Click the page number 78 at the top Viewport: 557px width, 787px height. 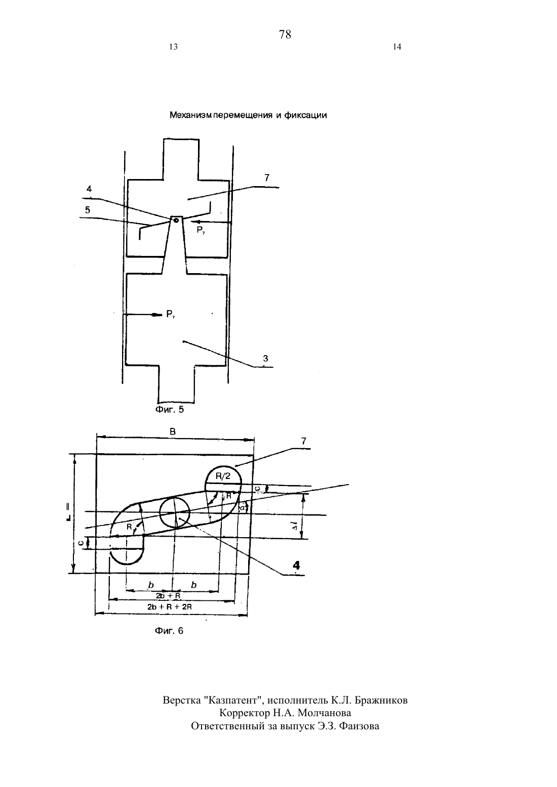(x=285, y=34)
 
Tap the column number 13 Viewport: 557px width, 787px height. (x=173, y=47)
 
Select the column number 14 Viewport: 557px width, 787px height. (x=397, y=47)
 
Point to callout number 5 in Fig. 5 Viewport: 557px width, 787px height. (x=88, y=210)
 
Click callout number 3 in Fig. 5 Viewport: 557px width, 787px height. (x=265, y=359)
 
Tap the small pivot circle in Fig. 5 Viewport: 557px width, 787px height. (x=176, y=221)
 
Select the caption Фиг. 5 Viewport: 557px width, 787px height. (x=170, y=410)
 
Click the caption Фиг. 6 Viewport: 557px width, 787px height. (x=169, y=631)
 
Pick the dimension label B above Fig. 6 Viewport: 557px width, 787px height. (x=173, y=432)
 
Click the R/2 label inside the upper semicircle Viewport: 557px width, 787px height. (x=223, y=476)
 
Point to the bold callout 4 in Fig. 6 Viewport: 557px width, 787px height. (x=296, y=565)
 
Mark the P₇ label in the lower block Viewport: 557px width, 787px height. (x=171, y=314)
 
